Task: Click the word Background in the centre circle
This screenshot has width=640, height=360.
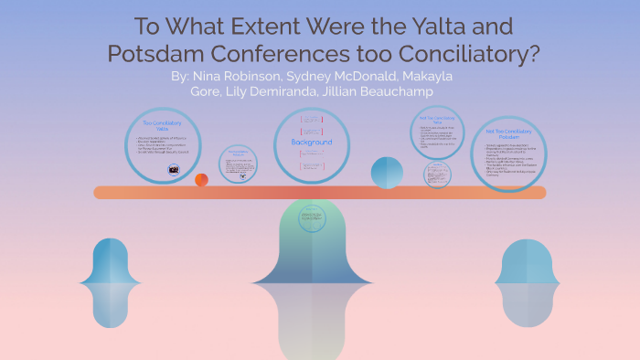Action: click(x=312, y=143)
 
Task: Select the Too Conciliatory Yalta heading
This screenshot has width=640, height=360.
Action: click(x=163, y=126)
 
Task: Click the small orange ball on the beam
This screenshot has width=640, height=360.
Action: click(x=201, y=179)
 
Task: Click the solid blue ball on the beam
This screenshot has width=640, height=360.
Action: click(x=387, y=172)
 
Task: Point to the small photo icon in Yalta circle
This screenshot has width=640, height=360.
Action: click(x=172, y=170)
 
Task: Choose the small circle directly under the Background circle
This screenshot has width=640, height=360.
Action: click(x=313, y=220)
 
